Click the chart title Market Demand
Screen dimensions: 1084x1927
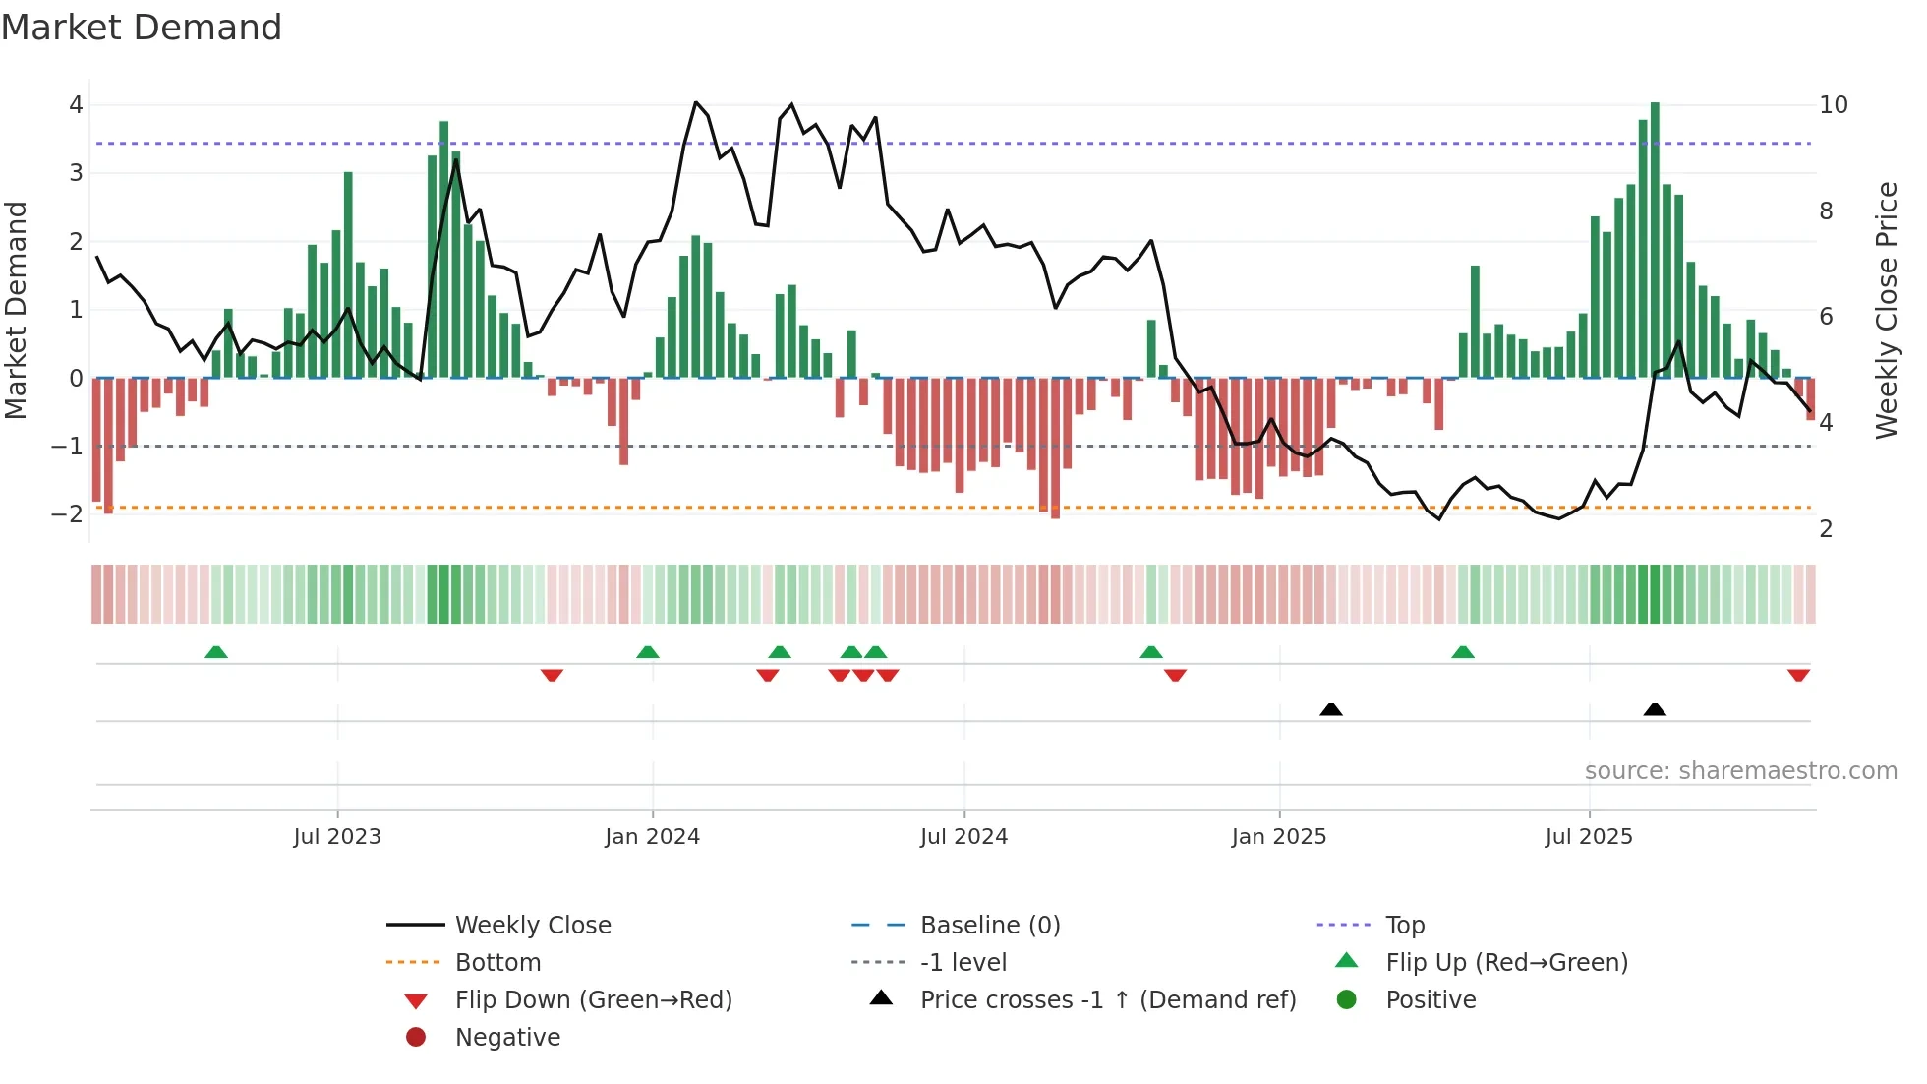(142, 28)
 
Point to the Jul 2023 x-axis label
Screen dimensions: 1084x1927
(337, 837)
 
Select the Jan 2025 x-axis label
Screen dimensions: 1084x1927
(1278, 837)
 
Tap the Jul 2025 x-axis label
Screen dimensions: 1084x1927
(1588, 837)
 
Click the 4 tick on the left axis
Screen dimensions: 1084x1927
(76, 105)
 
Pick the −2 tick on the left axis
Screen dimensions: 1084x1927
(68, 514)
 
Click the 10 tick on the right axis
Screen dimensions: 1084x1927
(1833, 105)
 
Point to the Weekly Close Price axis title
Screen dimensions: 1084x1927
(1886, 310)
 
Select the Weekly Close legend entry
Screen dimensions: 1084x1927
(532, 926)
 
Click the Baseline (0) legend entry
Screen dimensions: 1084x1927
(989, 926)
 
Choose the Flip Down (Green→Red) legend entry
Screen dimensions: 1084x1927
(593, 1000)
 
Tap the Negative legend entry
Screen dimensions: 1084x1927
(507, 1038)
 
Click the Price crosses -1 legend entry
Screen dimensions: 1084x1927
(1107, 1000)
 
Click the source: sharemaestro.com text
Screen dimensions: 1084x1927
(1740, 771)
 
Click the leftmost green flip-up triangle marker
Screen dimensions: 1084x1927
(216, 652)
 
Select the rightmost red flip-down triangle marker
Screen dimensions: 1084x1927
(1798, 675)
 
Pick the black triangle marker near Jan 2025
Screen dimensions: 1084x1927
(1330, 709)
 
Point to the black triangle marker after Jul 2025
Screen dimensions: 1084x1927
(1655, 709)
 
